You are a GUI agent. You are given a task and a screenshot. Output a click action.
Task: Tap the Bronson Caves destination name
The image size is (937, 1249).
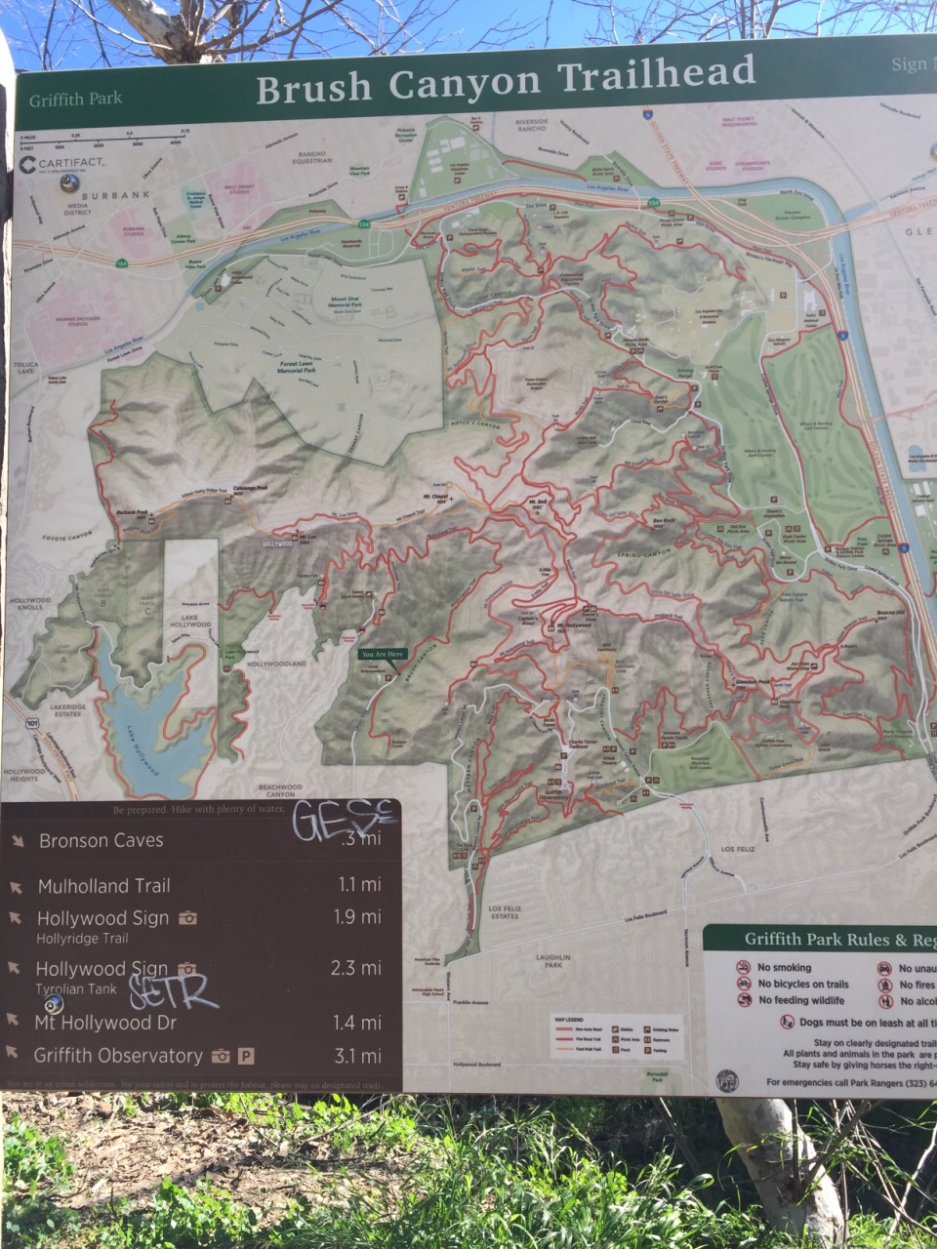click(101, 840)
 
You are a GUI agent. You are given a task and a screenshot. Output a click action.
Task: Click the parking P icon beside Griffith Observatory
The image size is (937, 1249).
click(246, 1056)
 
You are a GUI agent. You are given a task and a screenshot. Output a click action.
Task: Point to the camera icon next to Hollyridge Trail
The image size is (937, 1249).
click(188, 918)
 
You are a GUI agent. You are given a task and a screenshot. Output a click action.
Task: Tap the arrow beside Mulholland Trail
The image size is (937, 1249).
click(16, 887)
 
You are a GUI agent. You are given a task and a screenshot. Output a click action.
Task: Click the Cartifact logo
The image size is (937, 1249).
click(63, 165)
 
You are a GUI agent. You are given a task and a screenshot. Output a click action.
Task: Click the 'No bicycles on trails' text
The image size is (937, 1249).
click(802, 985)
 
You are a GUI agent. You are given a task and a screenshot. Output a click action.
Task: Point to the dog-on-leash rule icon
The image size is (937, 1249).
click(787, 1022)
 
